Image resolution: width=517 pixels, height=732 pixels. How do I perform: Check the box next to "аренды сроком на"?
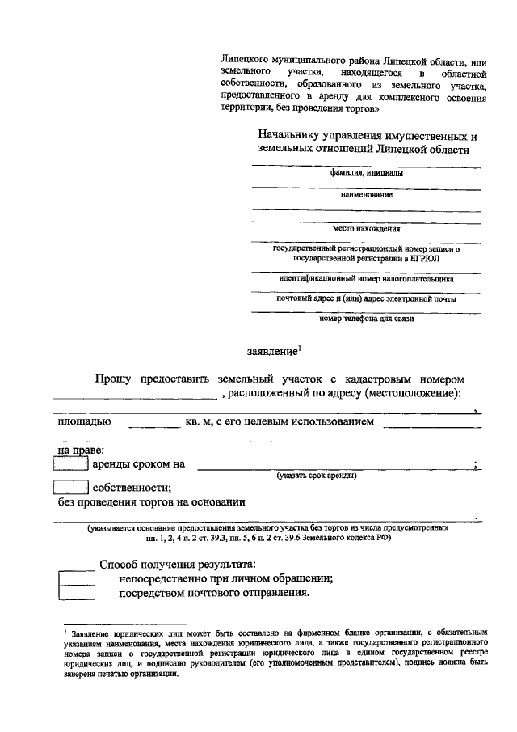[x=70, y=463]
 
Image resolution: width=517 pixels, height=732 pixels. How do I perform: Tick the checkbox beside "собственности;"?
[x=70, y=488]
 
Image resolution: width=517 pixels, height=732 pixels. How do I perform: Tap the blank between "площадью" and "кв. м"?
[x=153, y=423]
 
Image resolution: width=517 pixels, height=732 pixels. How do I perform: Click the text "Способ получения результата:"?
[x=178, y=564]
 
